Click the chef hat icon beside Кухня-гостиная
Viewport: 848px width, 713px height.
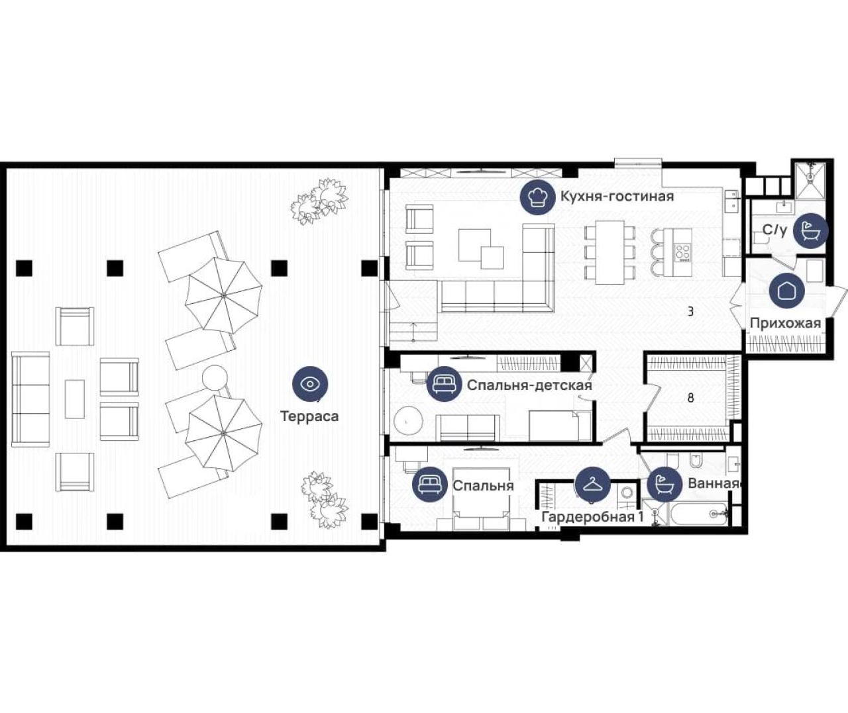(538, 197)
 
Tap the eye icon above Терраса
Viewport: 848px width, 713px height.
(310, 384)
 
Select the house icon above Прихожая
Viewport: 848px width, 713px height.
(786, 291)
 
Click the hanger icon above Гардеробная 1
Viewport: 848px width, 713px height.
(592, 485)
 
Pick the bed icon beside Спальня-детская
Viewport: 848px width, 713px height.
(444, 384)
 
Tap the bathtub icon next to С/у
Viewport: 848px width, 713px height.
(811, 230)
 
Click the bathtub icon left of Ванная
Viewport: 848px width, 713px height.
(664, 485)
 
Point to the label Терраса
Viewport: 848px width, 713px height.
(309, 416)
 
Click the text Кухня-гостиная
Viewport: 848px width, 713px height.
(617, 197)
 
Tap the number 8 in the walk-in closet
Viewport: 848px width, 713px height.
(691, 398)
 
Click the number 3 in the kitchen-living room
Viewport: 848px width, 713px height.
(690, 312)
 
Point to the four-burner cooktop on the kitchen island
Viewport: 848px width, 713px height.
(682, 252)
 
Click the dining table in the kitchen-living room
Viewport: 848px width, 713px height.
(609, 252)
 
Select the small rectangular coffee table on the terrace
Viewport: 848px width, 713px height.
(75, 399)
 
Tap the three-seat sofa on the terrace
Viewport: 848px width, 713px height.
(30, 399)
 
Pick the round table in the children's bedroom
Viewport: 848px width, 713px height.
(407, 422)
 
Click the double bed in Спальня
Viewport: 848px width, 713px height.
(481, 499)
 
